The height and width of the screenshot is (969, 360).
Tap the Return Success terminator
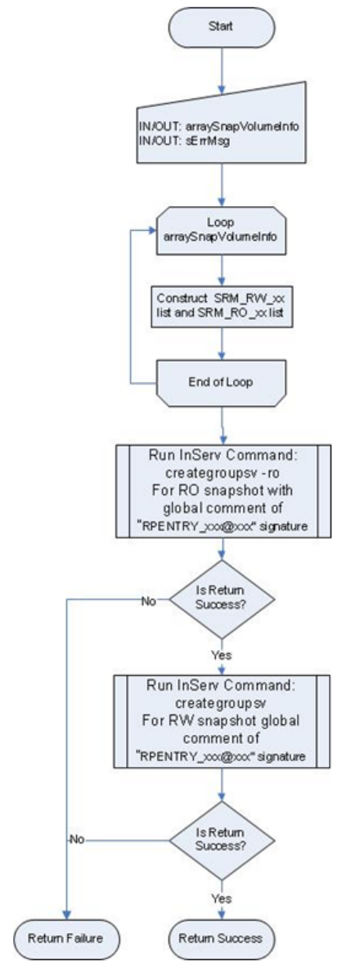pos(220,937)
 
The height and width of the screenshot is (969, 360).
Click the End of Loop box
pos(220,382)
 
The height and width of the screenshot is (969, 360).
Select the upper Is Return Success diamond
pos(222,599)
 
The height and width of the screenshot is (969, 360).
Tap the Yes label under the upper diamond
pos(222,655)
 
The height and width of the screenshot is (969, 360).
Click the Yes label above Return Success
pos(220,897)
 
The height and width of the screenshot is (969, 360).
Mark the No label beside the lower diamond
pos(77,841)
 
